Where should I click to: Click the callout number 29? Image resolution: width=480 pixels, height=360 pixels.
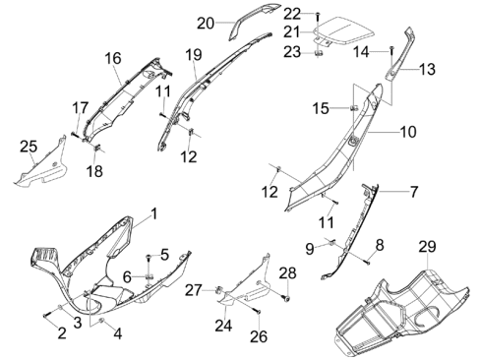[x=427, y=247]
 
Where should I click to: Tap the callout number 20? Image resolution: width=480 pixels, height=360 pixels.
[x=206, y=24]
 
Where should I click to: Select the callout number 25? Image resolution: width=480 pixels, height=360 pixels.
[x=29, y=147]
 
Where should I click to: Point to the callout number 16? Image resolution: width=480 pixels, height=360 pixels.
[x=113, y=58]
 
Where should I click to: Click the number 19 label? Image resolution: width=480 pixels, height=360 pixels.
[x=194, y=55]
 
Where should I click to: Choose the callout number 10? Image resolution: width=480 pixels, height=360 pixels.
[x=408, y=132]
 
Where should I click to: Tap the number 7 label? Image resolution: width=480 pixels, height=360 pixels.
[x=414, y=192]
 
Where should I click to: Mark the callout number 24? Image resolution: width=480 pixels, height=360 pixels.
[x=223, y=326]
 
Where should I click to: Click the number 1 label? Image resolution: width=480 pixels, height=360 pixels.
[x=153, y=213]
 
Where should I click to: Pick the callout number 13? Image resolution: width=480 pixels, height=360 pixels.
[x=427, y=69]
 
